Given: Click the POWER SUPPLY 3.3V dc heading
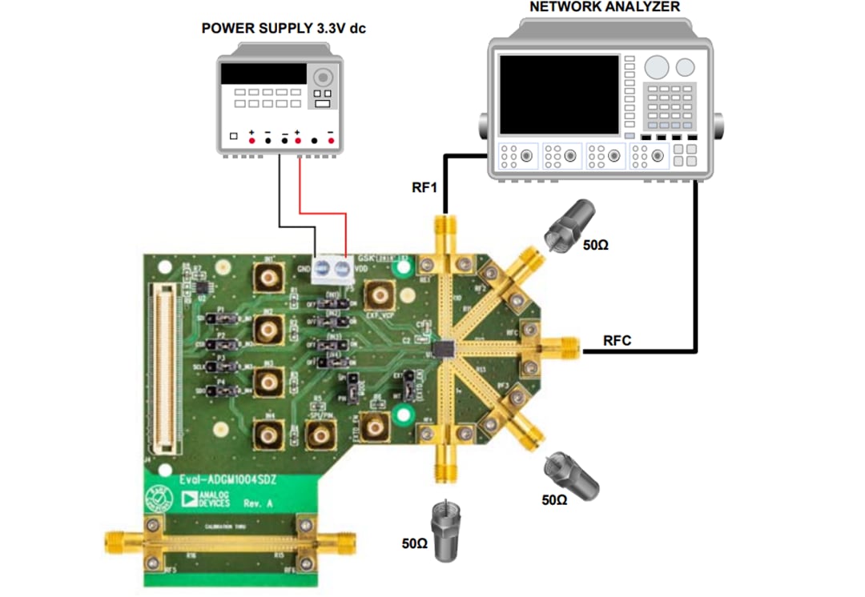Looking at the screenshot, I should [284, 29].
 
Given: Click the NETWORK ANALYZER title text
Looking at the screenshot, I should [605, 7].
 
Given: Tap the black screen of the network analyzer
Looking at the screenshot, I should [558, 94].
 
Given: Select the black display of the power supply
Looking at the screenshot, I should [264, 74].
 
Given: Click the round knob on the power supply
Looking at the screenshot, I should [323, 77].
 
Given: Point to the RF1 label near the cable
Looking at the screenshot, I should [423, 189].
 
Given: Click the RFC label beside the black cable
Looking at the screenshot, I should [617, 341].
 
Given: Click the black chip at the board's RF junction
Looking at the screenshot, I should [444, 348].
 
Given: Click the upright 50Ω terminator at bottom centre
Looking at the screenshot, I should [442, 529].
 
